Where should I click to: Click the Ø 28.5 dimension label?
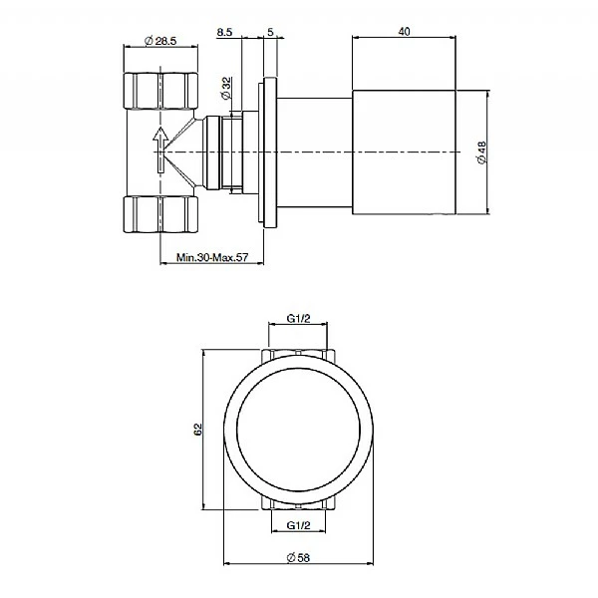[160, 41]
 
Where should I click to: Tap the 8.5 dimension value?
[224, 32]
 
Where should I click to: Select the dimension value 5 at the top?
[270, 32]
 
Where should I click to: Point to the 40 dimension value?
[404, 31]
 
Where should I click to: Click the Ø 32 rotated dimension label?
[226, 88]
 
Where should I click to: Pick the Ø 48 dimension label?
[482, 152]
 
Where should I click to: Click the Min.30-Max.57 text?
[212, 257]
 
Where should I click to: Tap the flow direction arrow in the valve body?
[160, 149]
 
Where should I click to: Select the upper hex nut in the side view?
[160, 91]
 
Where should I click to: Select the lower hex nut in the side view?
[160, 214]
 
